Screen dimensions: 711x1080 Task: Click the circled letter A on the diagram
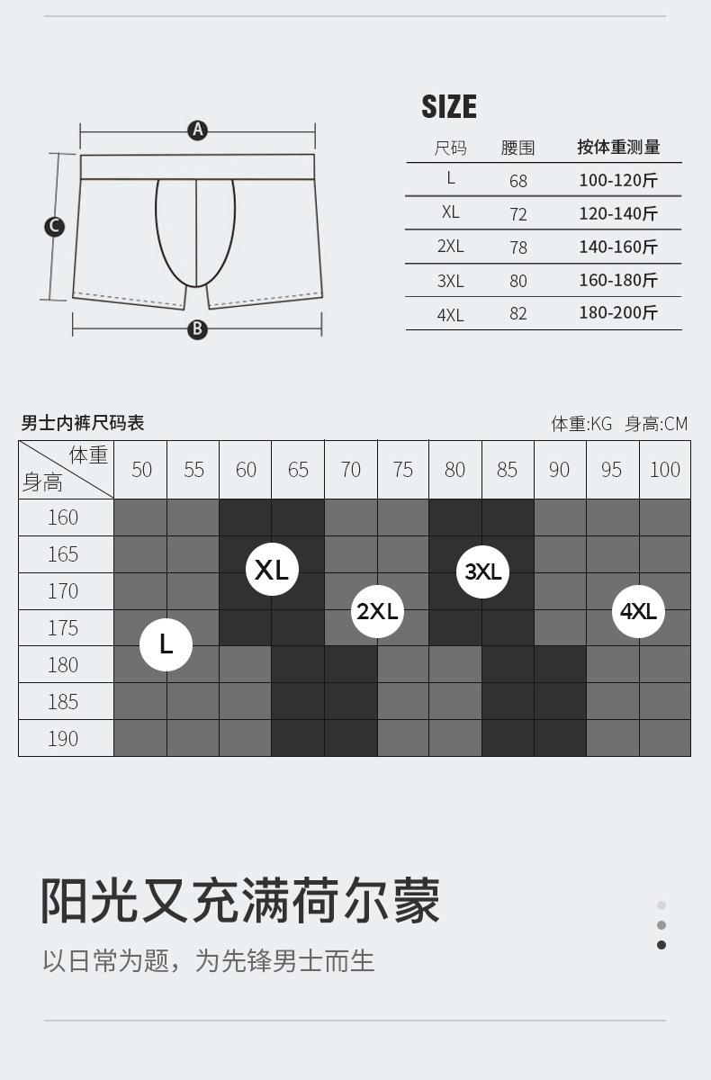coord(198,130)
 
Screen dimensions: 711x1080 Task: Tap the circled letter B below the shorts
coord(197,329)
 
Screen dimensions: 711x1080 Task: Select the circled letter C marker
coord(55,227)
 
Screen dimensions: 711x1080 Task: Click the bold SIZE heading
coord(449,106)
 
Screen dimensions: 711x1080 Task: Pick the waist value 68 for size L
coord(518,181)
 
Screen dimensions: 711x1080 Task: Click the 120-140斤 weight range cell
coord(618,213)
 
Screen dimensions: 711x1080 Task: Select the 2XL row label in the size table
coord(450,247)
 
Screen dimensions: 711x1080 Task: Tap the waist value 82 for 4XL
coord(518,314)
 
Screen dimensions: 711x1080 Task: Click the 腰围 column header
coord(517,148)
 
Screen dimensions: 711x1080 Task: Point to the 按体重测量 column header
coord(618,147)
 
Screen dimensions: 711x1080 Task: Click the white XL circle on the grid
coord(272,570)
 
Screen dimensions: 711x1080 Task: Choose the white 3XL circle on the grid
coord(482,571)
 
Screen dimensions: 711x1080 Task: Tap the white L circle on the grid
coord(166,644)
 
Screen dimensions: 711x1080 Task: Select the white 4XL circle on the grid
coord(638,611)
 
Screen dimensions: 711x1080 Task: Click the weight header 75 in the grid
coord(402,470)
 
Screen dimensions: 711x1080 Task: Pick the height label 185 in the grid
coord(63,701)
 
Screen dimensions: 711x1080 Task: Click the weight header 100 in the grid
coord(665,470)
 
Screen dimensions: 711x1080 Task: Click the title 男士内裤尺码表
coord(83,423)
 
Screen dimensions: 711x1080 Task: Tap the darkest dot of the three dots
coord(661,945)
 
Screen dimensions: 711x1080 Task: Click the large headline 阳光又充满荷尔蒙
coord(240,900)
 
